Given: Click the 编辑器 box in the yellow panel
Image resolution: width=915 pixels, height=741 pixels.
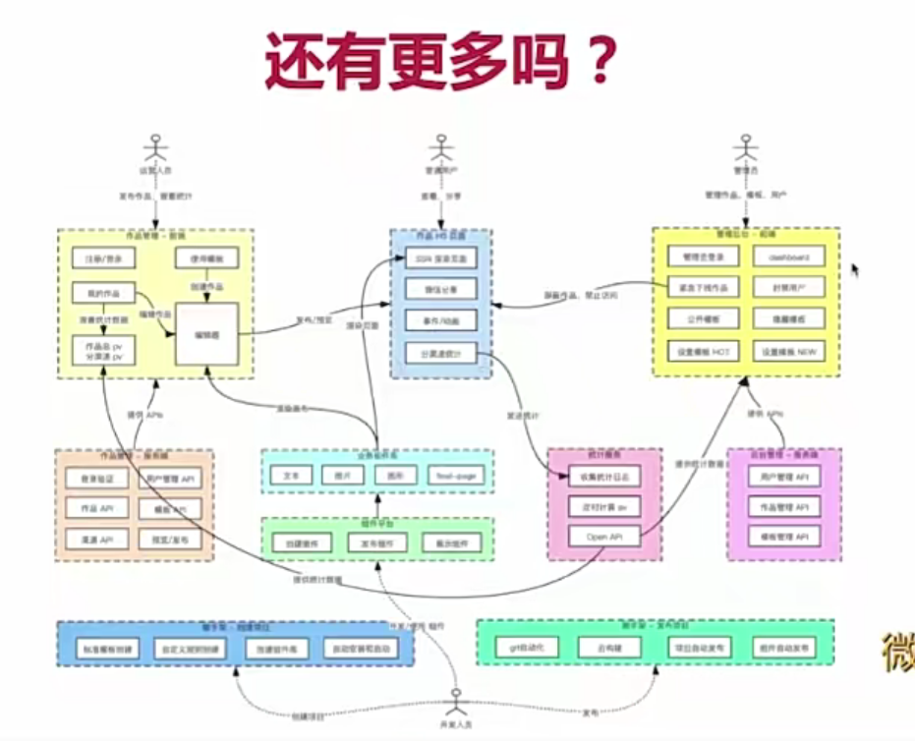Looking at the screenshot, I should [206, 335].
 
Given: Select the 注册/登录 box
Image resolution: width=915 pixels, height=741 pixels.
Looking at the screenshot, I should [103, 258].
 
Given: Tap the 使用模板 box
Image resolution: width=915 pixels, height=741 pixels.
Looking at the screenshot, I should [205, 258].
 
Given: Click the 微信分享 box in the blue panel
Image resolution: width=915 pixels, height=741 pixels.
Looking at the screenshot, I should [440, 289].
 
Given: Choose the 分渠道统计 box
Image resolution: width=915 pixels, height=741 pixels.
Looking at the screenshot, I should [440, 352].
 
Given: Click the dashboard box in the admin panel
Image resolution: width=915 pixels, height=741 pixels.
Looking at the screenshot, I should [788, 257].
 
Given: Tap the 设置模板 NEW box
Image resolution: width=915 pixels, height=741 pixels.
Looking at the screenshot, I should [788, 352].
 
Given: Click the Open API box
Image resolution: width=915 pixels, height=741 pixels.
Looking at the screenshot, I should [603, 537].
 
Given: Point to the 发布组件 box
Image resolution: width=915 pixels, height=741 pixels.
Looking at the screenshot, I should [377, 542].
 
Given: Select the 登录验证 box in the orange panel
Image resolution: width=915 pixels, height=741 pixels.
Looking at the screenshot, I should [95, 479].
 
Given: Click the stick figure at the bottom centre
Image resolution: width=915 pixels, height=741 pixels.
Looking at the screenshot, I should [455, 702].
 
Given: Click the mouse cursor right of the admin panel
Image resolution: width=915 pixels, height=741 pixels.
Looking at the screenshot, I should [854, 268].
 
